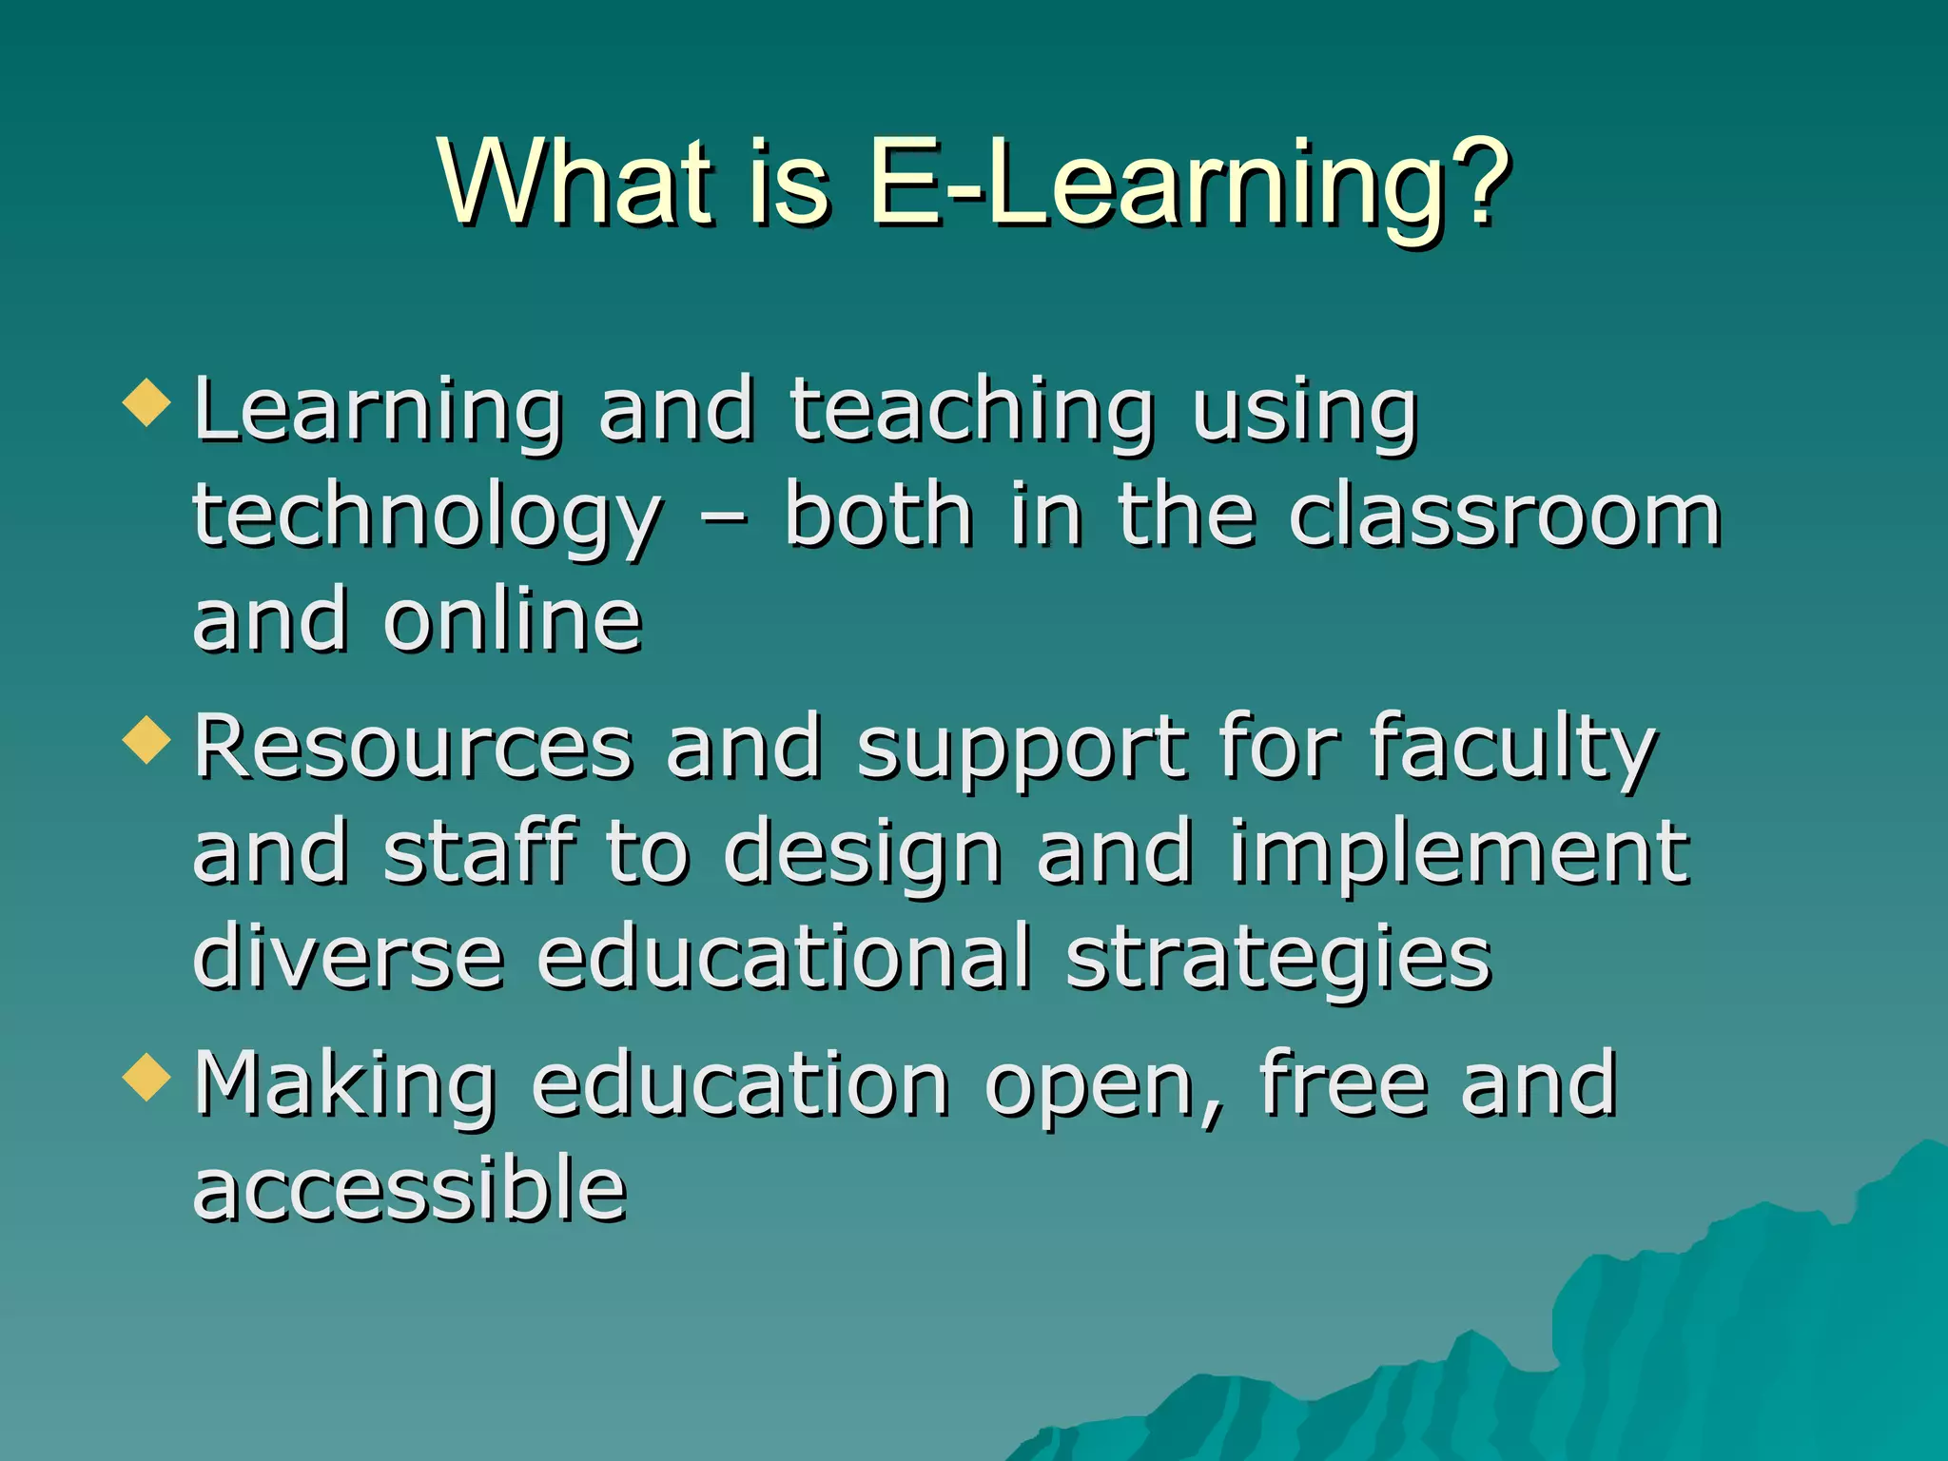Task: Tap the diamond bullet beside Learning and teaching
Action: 146,402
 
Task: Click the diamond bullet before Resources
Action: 146,740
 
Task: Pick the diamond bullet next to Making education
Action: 146,1078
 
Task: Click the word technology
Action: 427,518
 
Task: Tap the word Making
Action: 344,1087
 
